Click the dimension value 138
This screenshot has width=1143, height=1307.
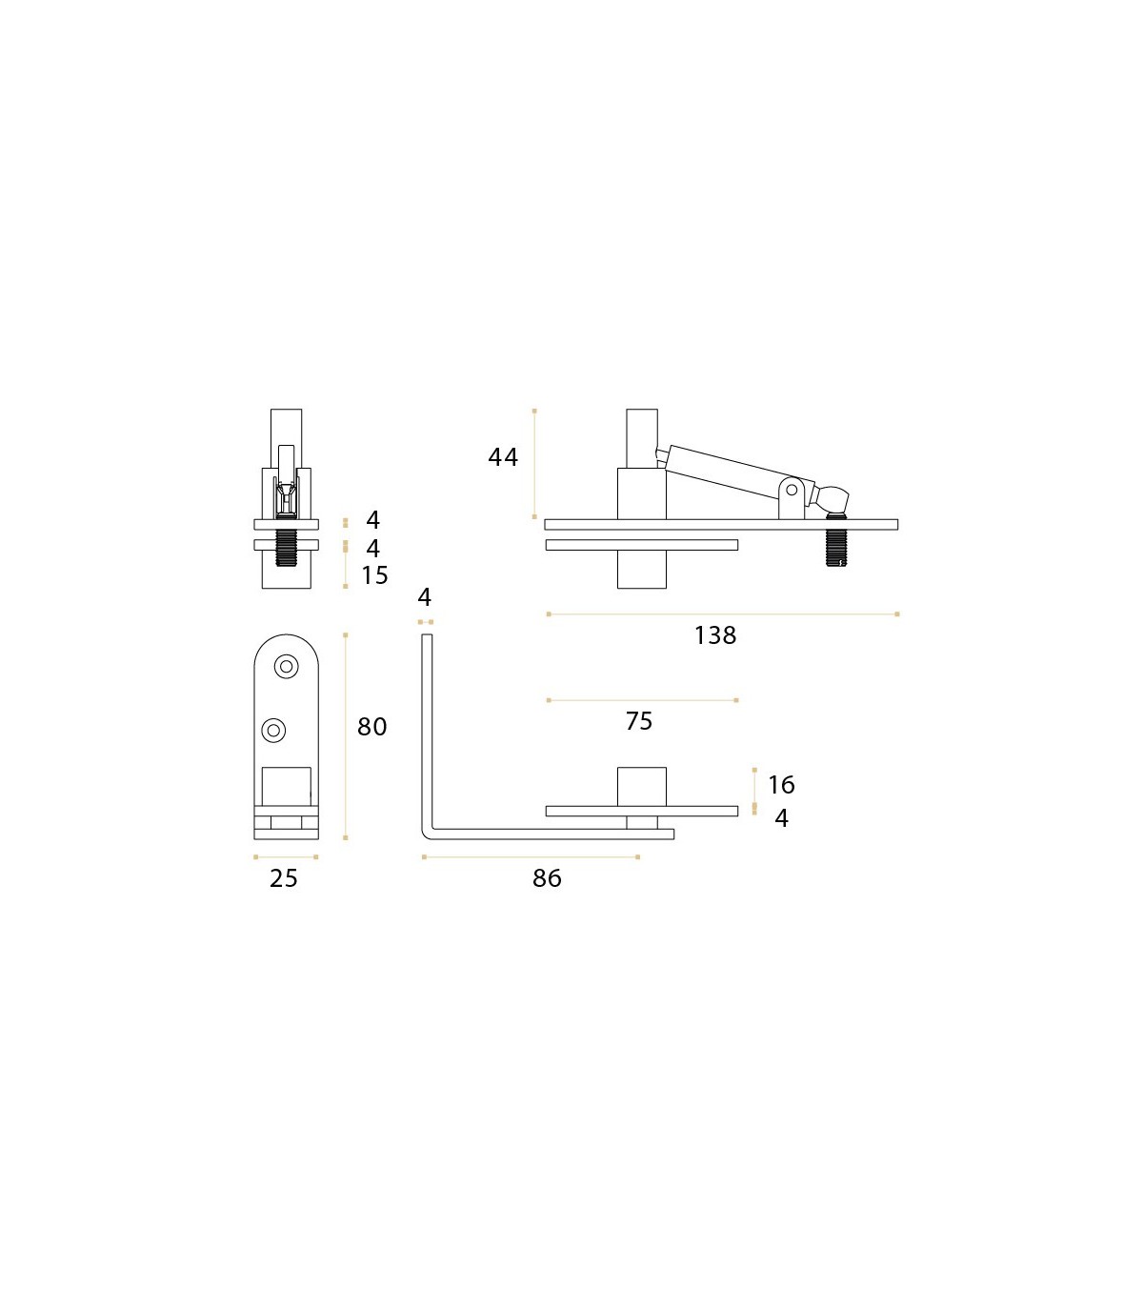715,635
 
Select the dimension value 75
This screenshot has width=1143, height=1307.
639,721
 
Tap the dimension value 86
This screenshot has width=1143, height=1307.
548,878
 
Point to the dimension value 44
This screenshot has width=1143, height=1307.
503,457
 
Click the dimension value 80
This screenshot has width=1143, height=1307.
372,727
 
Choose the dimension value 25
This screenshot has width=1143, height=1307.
284,879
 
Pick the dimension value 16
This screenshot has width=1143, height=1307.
782,785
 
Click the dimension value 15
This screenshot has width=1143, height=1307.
375,575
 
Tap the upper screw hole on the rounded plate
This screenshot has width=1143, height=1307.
286,666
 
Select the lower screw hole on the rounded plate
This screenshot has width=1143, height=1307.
274,730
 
